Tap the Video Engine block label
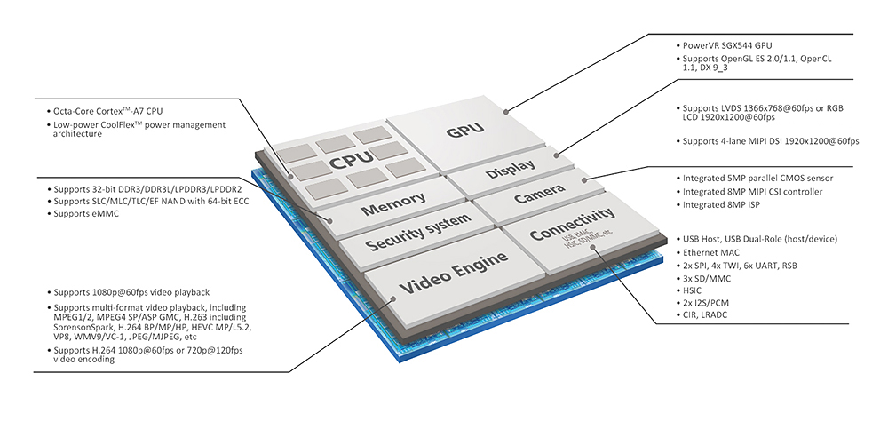tap(453, 272)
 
